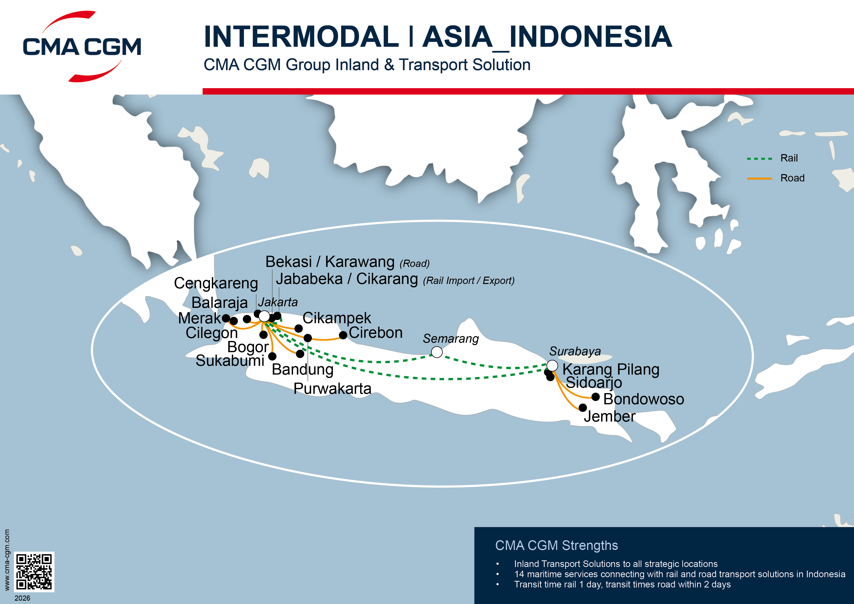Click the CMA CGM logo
(82, 47)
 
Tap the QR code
(34, 572)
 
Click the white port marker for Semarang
(437, 352)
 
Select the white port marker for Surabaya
(552, 366)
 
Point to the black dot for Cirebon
(343, 335)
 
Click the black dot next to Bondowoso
(595, 397)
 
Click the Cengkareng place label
(216, 283)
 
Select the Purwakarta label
(332, 388)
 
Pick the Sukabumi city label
(230, 361)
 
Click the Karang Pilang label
(611, 369)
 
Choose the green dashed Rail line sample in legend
(759, 159)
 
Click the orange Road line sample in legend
(759, 179)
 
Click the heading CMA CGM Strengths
(557, 545)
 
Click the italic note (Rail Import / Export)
(469, 281)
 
